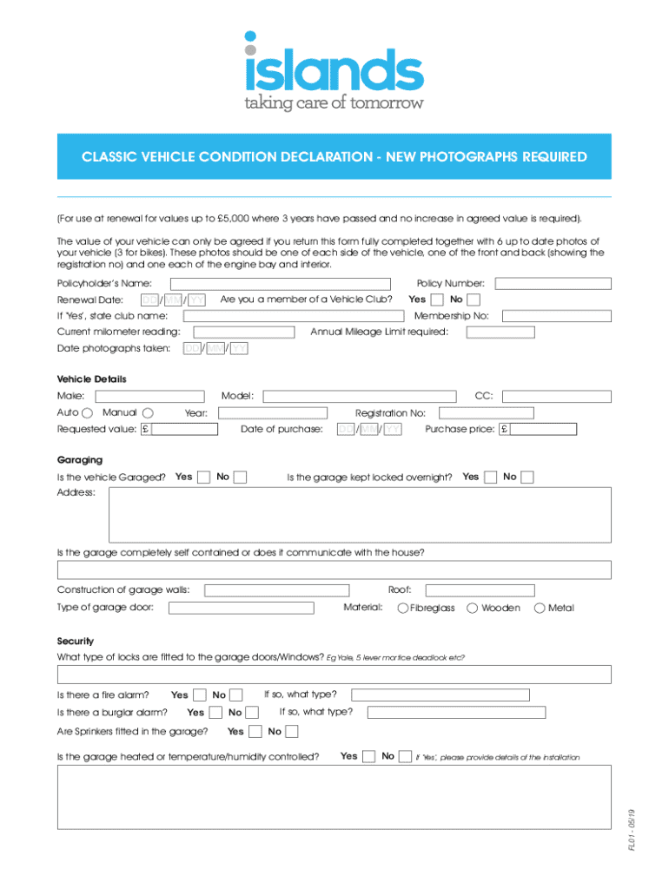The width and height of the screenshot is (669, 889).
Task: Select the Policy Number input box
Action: (x=553, y=283)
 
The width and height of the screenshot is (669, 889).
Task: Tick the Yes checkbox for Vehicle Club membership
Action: (x=437, y=300)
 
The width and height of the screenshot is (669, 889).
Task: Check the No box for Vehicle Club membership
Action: (x=474, y=300)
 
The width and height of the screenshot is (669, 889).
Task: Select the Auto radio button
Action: (x=87, y=412)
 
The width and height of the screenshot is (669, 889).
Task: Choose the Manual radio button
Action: (x=148, y=412)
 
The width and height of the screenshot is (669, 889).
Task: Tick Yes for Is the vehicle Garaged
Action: (x=203, y=477)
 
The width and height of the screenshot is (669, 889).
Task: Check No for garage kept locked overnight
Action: (x=527, y=477)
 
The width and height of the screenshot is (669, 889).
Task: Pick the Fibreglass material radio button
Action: (x=403, y=608)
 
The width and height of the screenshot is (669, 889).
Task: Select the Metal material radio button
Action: (x=540, y=608)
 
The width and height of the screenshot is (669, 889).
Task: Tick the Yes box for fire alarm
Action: (x=199, y=695)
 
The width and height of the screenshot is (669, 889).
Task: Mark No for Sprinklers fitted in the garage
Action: (x=292, y=731)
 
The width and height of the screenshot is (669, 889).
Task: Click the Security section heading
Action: (x=75, y=641)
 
